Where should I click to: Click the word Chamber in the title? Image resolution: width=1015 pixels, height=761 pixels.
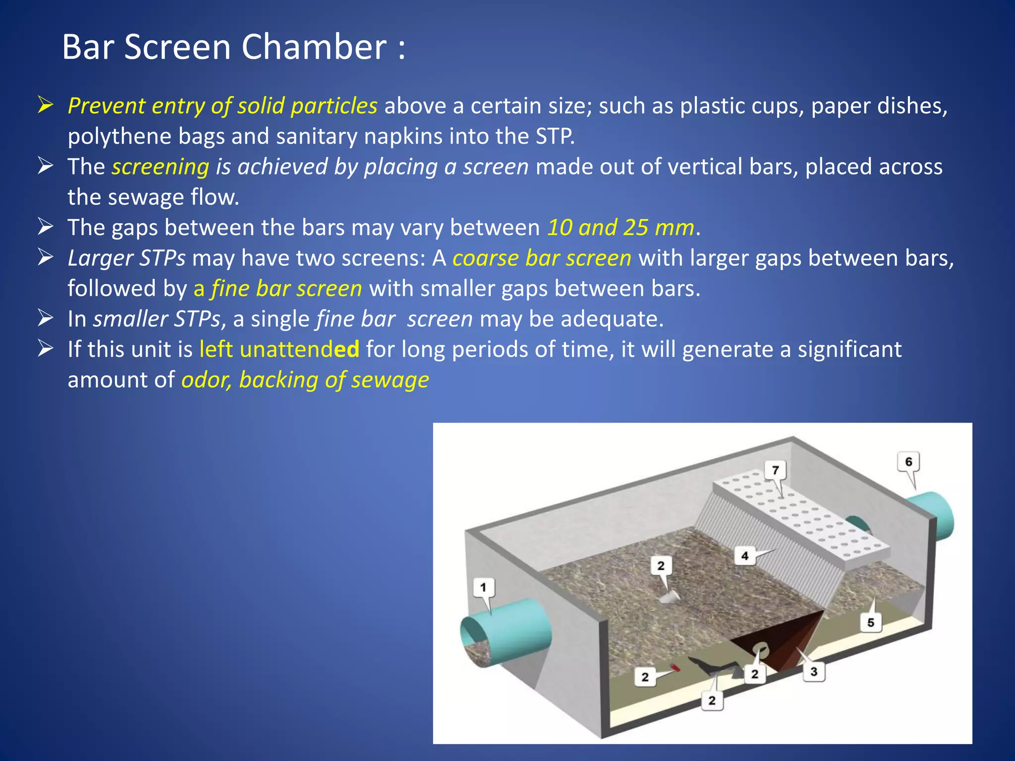point(314,48)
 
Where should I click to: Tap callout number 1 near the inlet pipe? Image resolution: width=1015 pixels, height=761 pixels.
point(483,588)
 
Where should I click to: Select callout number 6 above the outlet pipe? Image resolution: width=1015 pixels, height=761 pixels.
point(908,462)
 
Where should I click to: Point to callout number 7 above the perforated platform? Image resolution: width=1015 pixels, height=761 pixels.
point(776,470)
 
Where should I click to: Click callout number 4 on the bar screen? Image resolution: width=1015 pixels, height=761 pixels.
point(744,556)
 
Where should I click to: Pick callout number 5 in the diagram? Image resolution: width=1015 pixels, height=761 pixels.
point(870,623)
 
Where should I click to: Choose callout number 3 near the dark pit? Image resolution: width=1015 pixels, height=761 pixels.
point(814,672)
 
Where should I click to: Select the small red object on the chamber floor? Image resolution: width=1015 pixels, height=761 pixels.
point(675,668)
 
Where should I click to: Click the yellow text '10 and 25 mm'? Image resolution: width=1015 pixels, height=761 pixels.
point(620,228)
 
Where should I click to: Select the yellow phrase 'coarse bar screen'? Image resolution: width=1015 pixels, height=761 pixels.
point(542,259)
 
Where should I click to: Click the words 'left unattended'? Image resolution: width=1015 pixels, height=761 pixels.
point(279,350)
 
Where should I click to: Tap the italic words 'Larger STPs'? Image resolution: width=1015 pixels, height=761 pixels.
point(126,259)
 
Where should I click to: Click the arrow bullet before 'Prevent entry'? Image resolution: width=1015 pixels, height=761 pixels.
point(46,106)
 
